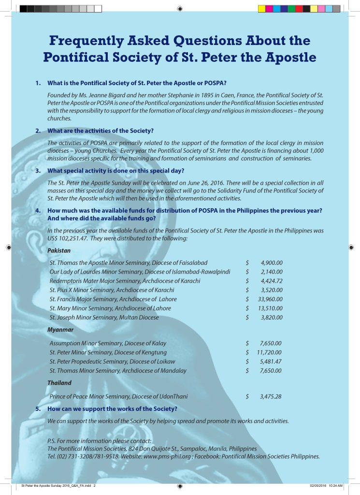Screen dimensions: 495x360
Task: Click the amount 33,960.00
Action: pyautogui.click(x=271, y=299)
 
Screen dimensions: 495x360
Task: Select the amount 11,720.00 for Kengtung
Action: pyautogui.click(x=269, y=352)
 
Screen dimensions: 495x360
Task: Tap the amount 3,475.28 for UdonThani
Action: pyautogui.click(x=271, y=396)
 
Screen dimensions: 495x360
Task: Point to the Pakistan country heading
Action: pyautogui.click(x=59, y=251)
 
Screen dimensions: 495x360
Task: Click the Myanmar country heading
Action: pyautogui.click(x=60, y=330)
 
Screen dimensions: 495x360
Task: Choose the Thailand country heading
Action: pyautogui.click(x=59, y=383)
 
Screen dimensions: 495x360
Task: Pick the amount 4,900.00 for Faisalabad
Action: pyautogui.click(x=272, y=262)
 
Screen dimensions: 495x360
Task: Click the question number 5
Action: pyautogui.click(x=38, y=409)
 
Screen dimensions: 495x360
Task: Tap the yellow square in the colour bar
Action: pyautogui.click(x=261, y=8)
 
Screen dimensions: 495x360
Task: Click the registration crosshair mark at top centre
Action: pyautogui.click(x=180, y=8)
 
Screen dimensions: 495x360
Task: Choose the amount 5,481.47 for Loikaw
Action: pyautogui.click(x=271, y=362)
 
